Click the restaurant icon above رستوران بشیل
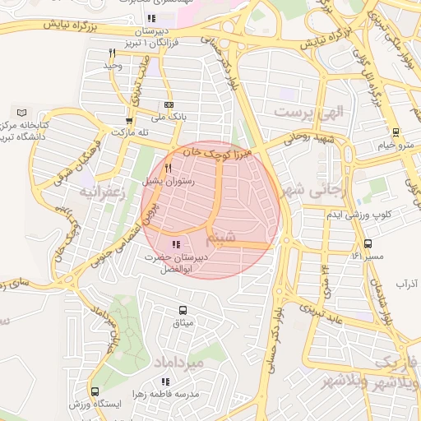pyautogui.click(x=168, y=168)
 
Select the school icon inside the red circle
pyautogui.click(x=174, y=244)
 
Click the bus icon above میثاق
pyautogui.click(x=183, y=311)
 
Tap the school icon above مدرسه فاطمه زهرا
pyautogui.click(x=165, y=382)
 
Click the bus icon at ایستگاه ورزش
pyautogui.click(x=95, y=392)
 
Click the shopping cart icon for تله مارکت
pyautogui.click(x=127, y=120)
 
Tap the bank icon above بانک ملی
pyautogui.click(x=169, y=105)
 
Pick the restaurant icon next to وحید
pyautogui.click(x=111, y=53)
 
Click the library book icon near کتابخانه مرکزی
pyautogui.click(x=22, y=112)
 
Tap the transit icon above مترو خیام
pyautogui.click(x=396, y=132)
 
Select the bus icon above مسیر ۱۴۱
pyautogui.click(x=368, y=243)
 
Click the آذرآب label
pyautogui.click(x=407, y=284)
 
